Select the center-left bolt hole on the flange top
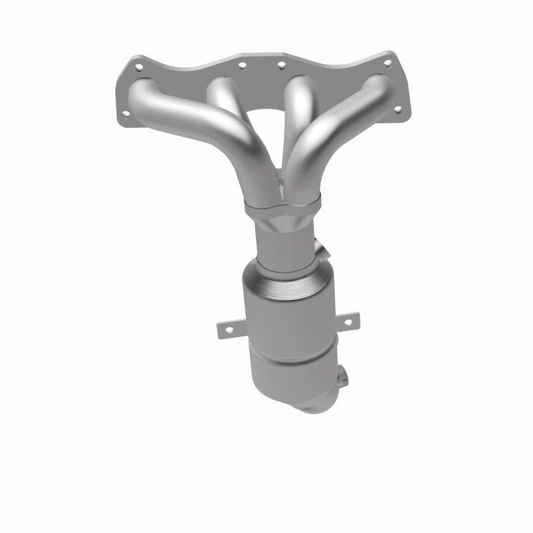pos(241,65)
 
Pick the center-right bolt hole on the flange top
pos(280,65)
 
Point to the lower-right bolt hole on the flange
pos(398,109)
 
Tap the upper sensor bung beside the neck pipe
pos(322,253)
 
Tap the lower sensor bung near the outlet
pos(342,377)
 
